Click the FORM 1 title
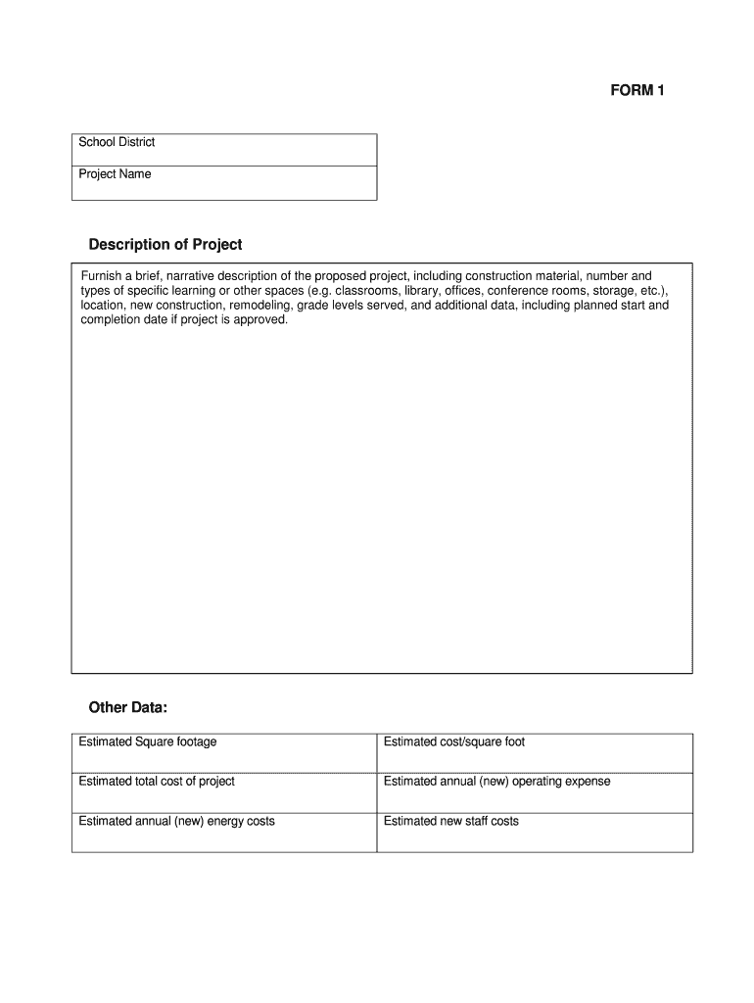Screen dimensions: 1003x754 [637, 91]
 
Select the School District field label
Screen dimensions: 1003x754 [117, 142]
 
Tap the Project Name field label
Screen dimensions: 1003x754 [115, 174]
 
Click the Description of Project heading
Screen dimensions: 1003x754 [165, 244]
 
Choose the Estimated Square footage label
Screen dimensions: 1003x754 [147, 741]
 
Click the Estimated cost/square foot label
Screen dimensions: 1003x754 [453, 741]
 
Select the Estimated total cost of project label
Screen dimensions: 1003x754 [156, 781]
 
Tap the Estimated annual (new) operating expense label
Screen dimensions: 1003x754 [496, 781]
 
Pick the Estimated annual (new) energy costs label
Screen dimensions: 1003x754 [176, 821]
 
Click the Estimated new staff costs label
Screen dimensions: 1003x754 [450, 821]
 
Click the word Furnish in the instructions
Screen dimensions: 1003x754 [102, 276]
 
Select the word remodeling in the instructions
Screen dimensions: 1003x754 [259, 305]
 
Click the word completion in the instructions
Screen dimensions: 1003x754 [113, 319]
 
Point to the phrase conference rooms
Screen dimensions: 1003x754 [537, 291]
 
